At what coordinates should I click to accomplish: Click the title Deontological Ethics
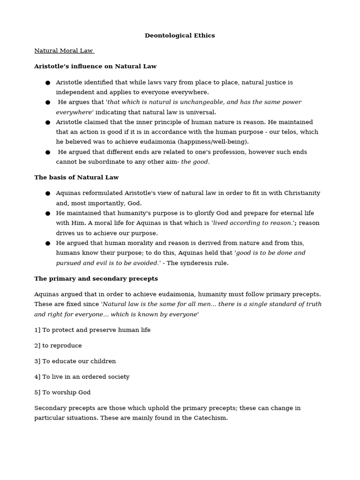(x=180, y=36)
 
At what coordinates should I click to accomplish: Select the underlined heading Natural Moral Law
(x=64, y=51)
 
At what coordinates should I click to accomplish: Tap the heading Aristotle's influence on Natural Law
(x=95, y=67)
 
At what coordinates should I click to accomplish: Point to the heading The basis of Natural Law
(x=76, y=178)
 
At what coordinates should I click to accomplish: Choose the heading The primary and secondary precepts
(x=96, y=279)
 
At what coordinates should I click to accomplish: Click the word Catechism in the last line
(x=209, y=418)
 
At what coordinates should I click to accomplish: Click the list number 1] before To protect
(x=37, y=330)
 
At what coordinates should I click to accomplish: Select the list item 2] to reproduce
(x=58, y=346)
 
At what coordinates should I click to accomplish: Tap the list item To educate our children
(x=79, y=361)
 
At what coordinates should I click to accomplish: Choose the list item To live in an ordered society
(x=86, y=377)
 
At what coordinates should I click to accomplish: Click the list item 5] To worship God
(x=62, y=392)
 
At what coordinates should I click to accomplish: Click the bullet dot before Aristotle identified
(x=48, y=83)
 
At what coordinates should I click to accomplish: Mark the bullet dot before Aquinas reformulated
(x=48, y=194)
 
